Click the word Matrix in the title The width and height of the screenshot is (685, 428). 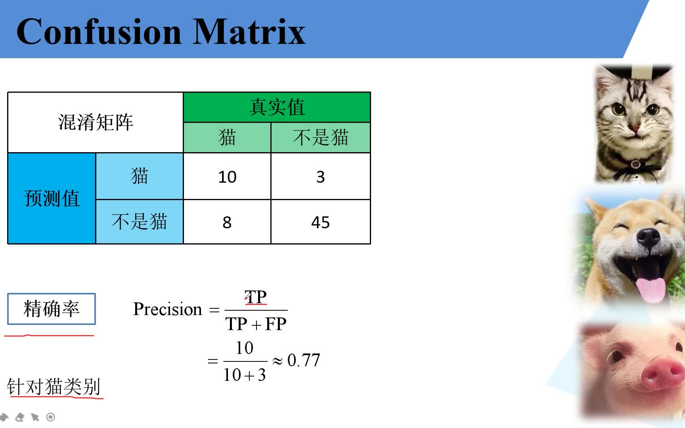pos(249,32)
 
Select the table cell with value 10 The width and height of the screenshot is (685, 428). pos(227,176)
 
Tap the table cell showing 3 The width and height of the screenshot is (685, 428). pos(321,176)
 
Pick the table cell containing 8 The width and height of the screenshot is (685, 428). pos(227,222)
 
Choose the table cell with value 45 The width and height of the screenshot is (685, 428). pos(321,222)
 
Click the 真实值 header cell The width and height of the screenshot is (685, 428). pos(277,107)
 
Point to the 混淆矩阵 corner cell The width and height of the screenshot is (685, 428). pos(96,122)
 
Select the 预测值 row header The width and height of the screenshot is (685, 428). pos(52,198)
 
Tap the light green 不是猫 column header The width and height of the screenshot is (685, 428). pos(321,138)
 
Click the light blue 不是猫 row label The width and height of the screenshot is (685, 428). pos(140,222)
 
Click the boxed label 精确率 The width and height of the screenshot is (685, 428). pos(52,309)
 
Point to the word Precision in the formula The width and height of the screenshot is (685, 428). pos(168,309)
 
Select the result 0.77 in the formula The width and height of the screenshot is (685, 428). pos(304,360)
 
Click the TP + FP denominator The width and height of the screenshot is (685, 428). pos(256,324)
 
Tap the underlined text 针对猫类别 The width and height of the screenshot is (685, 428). pos(54,386)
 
